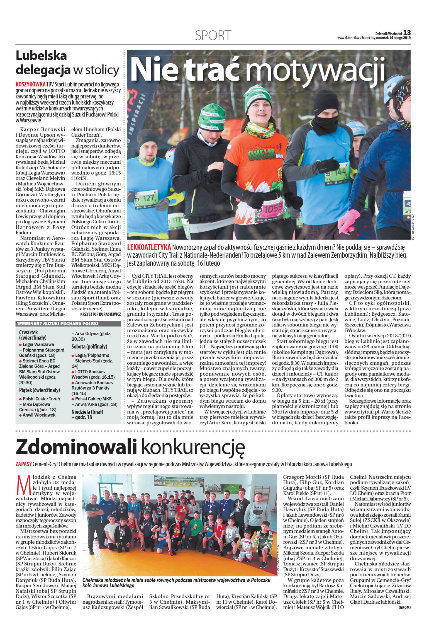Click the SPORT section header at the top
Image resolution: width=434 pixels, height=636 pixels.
[x=213, y=35]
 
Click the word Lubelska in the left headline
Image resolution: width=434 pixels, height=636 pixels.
[x=41, y=56]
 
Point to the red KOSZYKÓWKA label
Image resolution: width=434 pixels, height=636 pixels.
[x=31, y=84]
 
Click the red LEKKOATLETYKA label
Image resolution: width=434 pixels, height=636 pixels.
[x=149, y=247]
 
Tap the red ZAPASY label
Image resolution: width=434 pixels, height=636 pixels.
[x=23, y=464]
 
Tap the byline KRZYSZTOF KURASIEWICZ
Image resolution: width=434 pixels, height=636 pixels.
[x=100, y=314]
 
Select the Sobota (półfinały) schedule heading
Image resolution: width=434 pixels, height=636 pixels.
[x=89, y=347]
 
